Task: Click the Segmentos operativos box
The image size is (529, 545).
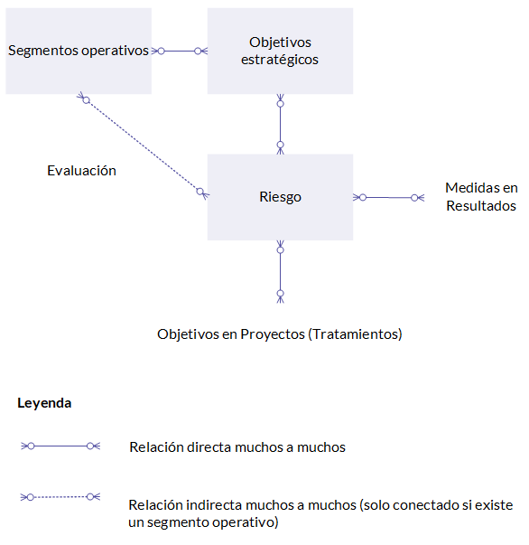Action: point(79,51)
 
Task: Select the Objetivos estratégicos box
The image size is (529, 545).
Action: point(280,51)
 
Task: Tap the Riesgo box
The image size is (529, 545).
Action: point(280,197)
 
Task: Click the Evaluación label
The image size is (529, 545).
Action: point(81,171)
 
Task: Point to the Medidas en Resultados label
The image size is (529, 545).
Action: point(481,197)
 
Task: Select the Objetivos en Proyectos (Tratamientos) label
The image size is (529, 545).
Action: point(280,334)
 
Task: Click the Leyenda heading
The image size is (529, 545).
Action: point(44,403)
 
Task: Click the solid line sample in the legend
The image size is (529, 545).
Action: point(60,446)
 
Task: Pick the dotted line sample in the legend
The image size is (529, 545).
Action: point(60,497)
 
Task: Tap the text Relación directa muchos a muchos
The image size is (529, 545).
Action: point(237,447)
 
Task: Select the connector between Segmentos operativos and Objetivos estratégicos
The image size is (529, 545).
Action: point(180,52)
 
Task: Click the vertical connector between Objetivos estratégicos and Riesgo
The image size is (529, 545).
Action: point(281,124)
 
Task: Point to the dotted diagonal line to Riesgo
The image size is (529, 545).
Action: point(143,146)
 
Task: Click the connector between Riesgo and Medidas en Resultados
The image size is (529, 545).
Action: point(388,197)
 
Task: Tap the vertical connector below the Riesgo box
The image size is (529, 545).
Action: point(281,271)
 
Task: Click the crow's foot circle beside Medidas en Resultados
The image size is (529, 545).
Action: point(414,198)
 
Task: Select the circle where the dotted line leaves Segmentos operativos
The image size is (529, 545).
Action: point(87,100)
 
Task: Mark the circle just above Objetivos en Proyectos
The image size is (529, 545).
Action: point(281,294)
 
